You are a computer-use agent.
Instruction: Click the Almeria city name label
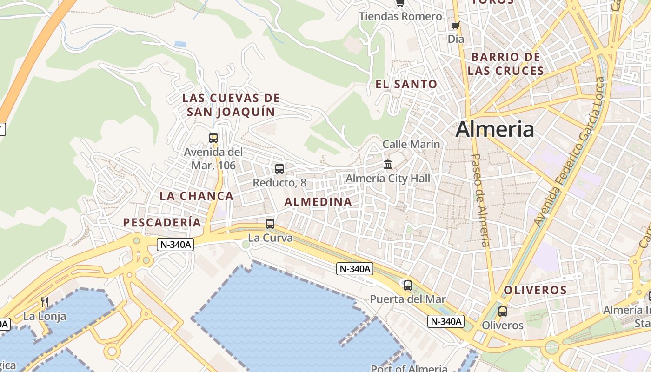pyautogui.click(x=495, y=129)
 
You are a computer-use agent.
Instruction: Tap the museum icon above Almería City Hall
pyautogui.click(x=388, y=164)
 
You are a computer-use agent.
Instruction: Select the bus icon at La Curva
pyautogui.click(x=270, y=224)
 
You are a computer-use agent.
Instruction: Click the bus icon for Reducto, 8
pyautogui.click(x=279, y=169)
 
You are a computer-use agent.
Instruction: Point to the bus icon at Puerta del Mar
pyautogui.click(x=408, y=286)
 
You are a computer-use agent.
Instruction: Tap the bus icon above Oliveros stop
pyautogui.click(x=502, y=312)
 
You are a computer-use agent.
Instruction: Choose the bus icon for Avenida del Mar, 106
pyautogui.click(x=213, y=138)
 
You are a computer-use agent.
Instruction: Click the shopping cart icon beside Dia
pyautogui.click(x=455, y=26)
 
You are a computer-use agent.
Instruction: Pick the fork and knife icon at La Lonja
pyautogui.click(x=45, y=302)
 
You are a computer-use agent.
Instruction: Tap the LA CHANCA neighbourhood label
pyautogui.click(x=197, y=196)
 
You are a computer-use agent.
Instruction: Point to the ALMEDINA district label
pyautogui.click(x=318, y=202)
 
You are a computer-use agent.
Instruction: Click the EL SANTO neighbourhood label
pyautogui.click(x=406, y=84)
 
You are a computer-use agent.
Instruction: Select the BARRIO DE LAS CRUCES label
pyautogui.click(x=505, y=64)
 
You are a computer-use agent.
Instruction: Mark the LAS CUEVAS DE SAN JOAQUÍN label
pyautogui.click(x=231, y=105)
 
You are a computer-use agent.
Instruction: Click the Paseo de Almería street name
pyautogui.click(x=481, y=200)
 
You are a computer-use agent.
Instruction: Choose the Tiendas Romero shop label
pyautogui.click(x=400, y=16)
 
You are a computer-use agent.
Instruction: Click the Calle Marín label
pyautogui.click(x=411, y=144)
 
